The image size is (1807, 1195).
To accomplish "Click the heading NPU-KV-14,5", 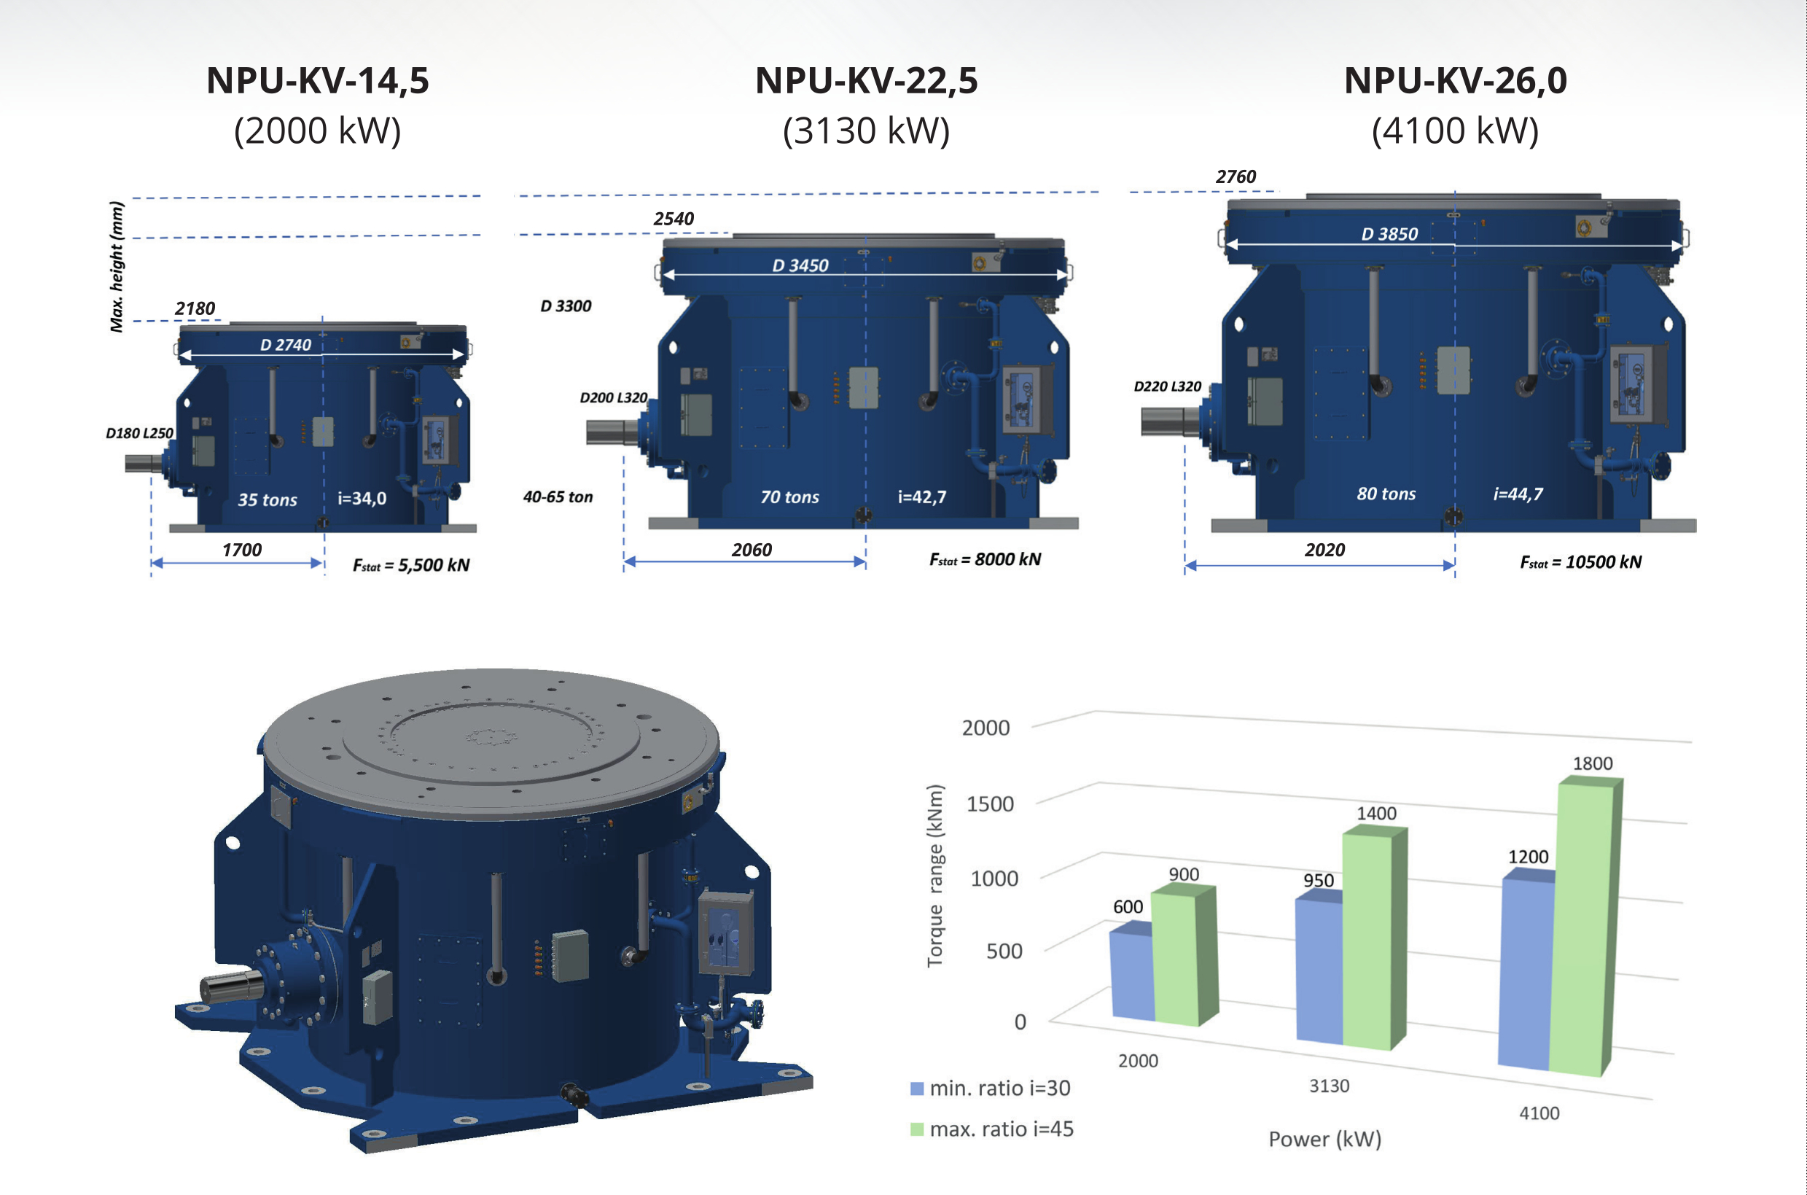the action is (x=318, y=81).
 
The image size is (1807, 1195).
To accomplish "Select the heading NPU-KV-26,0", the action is (x=1455, y=81).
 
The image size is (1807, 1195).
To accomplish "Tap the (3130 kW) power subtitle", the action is (x=866, y=131).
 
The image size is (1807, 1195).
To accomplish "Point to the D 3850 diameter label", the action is (x=1389, y=234).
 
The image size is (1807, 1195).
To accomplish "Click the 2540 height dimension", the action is (x=674, y=219).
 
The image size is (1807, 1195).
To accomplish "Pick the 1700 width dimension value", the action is (x=241, y=550).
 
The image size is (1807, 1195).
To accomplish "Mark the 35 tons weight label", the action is (x=268, y=500).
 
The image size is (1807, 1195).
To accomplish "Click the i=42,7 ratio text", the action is (x=922, y=497).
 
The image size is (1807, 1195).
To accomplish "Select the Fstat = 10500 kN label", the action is (x=1581, y=562).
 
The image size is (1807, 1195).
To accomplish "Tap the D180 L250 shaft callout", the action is (x=139, y=433).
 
